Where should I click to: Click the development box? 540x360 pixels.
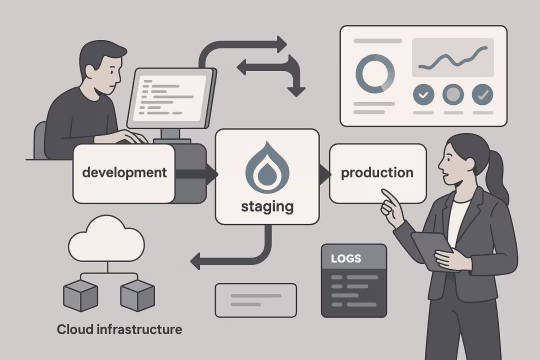click(124, 172)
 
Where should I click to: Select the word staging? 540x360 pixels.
click(268, 207)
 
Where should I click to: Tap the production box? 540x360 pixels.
click(377, 173)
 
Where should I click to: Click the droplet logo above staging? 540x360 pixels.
click(268, 165)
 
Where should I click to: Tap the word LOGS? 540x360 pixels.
click(345, 259)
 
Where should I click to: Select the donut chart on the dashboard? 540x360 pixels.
click(376, 72)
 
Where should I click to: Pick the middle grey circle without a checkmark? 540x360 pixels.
click(453, 96)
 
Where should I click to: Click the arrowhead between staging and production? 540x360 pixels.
click(323, 174)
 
